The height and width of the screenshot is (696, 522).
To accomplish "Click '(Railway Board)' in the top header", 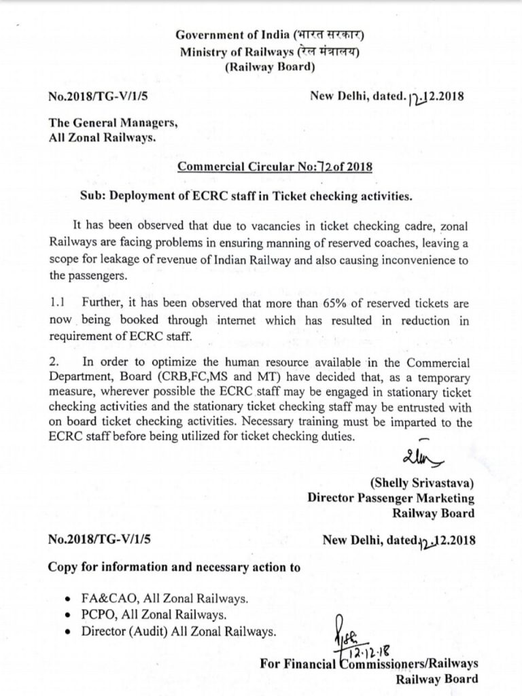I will click(x=269, y=67).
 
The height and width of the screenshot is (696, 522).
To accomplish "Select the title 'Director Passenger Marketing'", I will click(x=391, y=498).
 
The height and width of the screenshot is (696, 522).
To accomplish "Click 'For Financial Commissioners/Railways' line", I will click(x=368, y=664).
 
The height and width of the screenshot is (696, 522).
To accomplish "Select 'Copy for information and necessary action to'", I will click(x=174, y=567).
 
